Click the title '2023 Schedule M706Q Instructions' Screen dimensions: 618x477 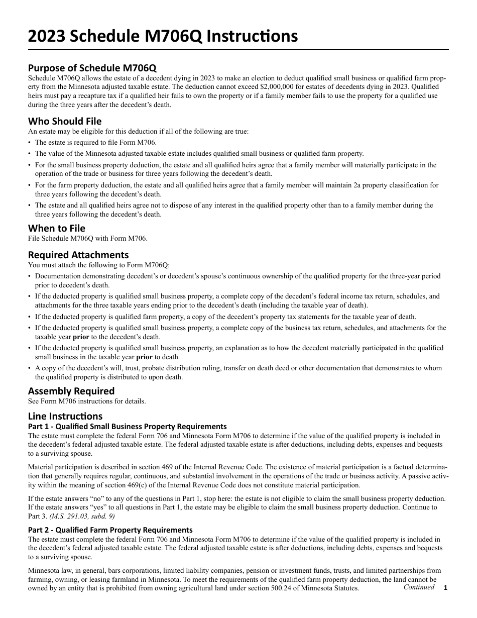tap(163, 36)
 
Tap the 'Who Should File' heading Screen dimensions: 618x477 tap(65, 121)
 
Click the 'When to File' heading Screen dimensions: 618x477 tap(57, 228)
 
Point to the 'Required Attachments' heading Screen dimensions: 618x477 tap(78, 254)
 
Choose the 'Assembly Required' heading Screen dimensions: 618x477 tap(71, 391)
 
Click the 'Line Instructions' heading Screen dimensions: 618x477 tap(65, 416)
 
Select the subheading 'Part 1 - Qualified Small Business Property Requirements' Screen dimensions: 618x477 tap(128, 427)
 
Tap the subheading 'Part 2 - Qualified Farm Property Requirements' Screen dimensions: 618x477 tap(110, 530)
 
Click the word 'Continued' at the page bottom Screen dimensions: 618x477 tap(419, 587)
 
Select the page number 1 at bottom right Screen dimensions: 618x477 tap(445, 588)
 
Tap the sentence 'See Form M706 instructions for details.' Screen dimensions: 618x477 tap(87, 401)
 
